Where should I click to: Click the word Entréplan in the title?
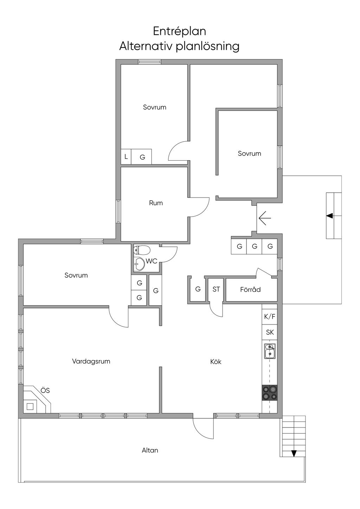[x=179, y=31]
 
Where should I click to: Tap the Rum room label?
[x=156, y=203]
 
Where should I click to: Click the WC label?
[x=152, y=261]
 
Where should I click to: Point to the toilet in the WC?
[x=142, y=251]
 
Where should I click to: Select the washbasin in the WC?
[x=139, y=264]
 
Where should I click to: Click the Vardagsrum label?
[x=91, y=361]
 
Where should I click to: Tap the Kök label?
[x=216, y=361]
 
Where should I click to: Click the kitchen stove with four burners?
[x=270, y=393]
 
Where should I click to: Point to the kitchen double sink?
[x=270, y=351]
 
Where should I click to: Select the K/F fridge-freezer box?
[x=270, y=316]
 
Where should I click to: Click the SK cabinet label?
[x=270, y=332]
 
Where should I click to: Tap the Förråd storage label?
[x=250, y=290]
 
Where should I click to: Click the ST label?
[x=216, y=289]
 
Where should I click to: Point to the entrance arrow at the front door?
[x=265, y=218]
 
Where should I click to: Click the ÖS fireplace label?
[x=45, y=390]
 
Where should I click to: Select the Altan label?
[x=150, y=450]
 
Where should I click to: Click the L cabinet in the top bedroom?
[x=126, y=156]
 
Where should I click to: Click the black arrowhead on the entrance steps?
[x=329, y=215]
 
